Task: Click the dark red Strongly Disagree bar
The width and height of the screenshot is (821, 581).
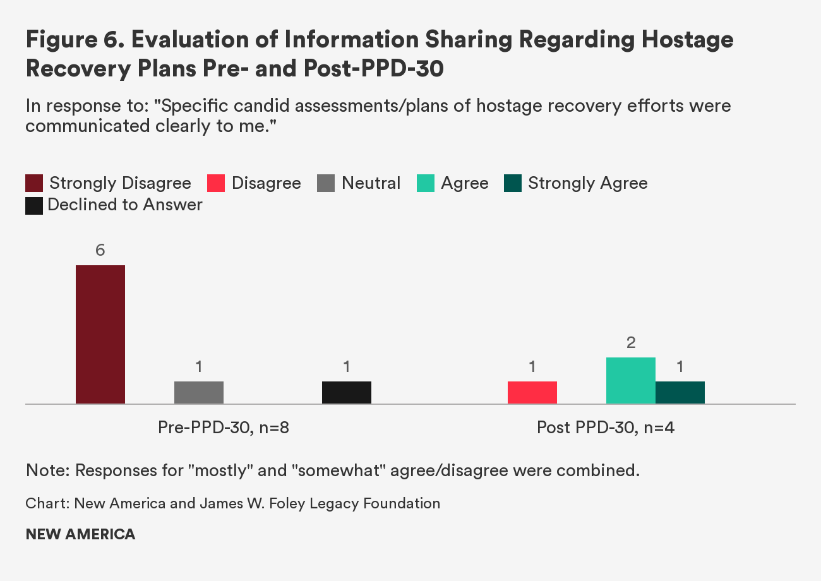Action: click(x=100, y=334)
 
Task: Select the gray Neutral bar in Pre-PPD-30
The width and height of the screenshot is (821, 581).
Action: click(x=199, y=392)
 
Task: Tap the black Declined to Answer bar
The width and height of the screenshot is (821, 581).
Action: click(x=347, y=392)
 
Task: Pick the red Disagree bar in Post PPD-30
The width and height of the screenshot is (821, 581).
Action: click(x=532, y=392)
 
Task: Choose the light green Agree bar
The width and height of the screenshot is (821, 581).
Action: click(x=631, y=380)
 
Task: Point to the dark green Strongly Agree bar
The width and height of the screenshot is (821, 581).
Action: click(x=680, y=392)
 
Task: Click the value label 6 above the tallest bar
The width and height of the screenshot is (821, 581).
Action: click(x=100, y=251)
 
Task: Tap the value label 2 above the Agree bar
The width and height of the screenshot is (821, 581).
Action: click(x=631, y=343)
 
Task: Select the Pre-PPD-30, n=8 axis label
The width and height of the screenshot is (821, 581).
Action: click(x=224, y=428)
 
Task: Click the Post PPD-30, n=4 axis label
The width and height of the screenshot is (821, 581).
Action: click(x=606, y=428)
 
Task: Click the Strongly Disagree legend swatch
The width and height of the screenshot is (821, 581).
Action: click(x=34, y=184)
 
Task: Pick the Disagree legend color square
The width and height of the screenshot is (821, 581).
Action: click(x=216, y=184)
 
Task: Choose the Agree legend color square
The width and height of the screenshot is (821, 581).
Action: click(x=426, y=184)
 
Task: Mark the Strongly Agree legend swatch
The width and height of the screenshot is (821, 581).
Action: click(x=513, y=184)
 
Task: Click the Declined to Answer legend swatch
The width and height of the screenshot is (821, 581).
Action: click(x=34, y=205)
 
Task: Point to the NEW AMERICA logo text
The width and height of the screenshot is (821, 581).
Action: click(x=80, y=534)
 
